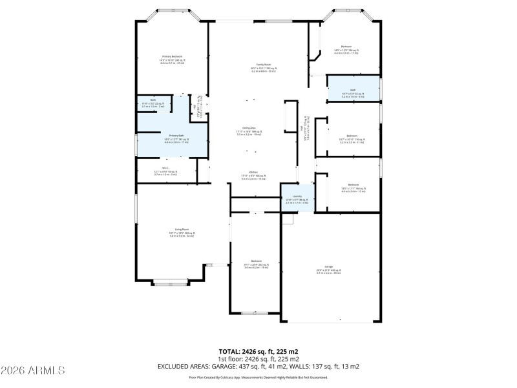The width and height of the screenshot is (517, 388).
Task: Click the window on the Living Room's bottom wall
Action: pyautogui.click(x=171, y=283)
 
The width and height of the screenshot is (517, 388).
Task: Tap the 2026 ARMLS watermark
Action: pyautogui.click(x=33, y=371)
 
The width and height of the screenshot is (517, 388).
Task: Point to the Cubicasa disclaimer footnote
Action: pyautogui.click(x=258, y=377)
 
